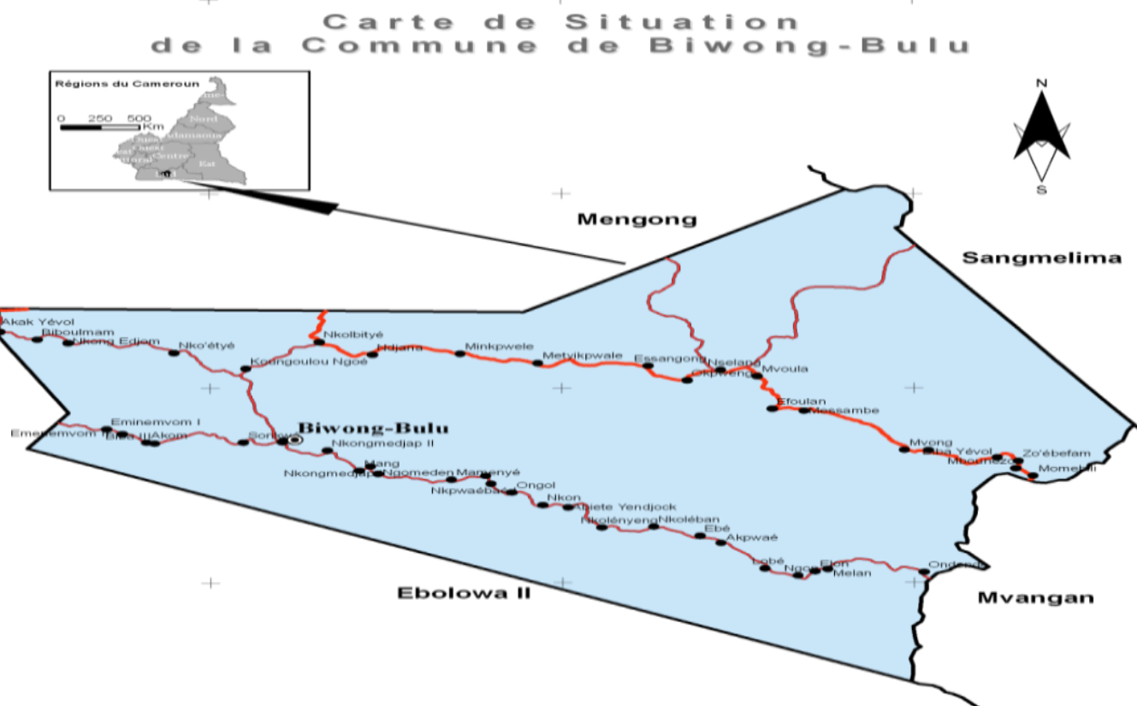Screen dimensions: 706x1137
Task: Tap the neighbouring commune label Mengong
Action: [637, 219]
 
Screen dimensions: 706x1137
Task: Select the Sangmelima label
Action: [1041, 258]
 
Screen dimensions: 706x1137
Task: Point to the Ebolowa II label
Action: [464, 592]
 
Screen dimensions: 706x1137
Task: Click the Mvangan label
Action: [1035, 597]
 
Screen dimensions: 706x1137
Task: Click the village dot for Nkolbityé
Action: [319, 342]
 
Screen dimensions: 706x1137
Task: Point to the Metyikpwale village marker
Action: [537, 364]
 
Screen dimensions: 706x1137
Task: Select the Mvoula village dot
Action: [756, 376]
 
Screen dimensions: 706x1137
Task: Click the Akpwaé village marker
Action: [720, 543]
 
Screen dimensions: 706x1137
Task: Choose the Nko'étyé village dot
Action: [174, 353]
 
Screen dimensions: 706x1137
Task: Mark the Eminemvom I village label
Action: [156, 421]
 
